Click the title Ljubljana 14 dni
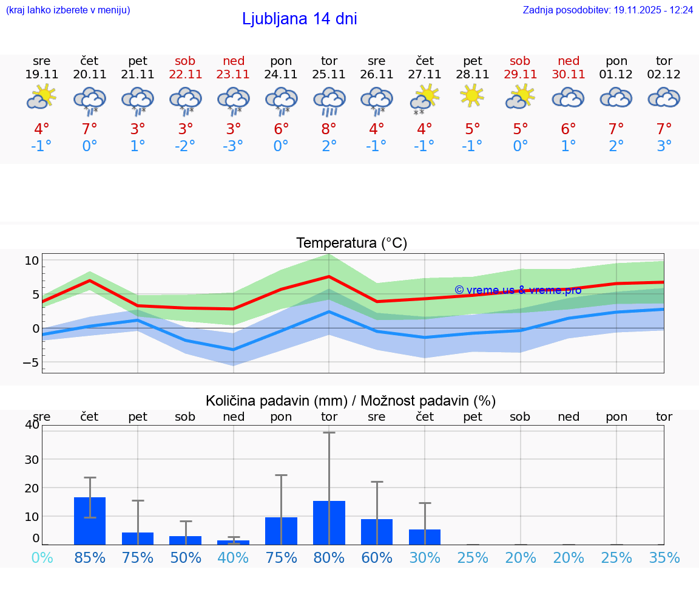[x=299, y=19]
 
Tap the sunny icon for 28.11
[x=473, y=96]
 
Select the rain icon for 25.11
[x=329, y=100]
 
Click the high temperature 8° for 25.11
[x=329, y=129]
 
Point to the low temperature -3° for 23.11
[x=233, y=146]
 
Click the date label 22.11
[x=186, y=75]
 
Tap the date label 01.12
[x=616, y=75]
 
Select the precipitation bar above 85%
[x=90, y=520]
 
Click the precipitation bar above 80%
[x=329, y=522]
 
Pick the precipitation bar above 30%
[x=425, y=537]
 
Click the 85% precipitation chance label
[x=90, y=557]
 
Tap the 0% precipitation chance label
[x=42, y=557]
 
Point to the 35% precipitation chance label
[x=664, y=557]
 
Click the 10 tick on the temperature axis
[x=32, y=260]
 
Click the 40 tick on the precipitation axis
[x=32, y=425]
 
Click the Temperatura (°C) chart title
[x=351, y=243]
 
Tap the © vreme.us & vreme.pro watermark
[x=518, y=290]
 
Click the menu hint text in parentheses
[x=68, y=10]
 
